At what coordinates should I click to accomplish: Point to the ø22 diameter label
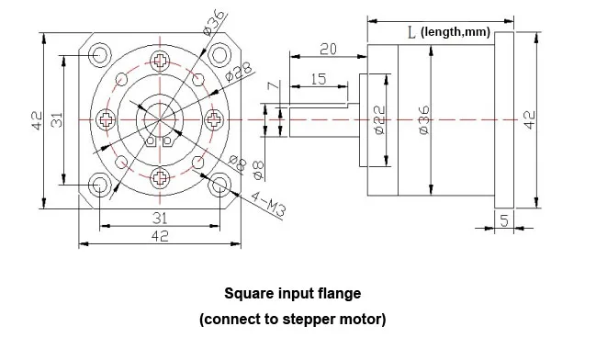point(379,121)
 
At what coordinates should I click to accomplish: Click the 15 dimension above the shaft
point(318,80)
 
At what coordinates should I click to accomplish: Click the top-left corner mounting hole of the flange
point(97,54)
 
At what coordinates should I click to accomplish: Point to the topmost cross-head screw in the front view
point(162,62)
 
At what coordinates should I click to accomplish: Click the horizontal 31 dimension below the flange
point(159,217)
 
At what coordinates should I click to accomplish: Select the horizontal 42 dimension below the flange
point(159,237)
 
